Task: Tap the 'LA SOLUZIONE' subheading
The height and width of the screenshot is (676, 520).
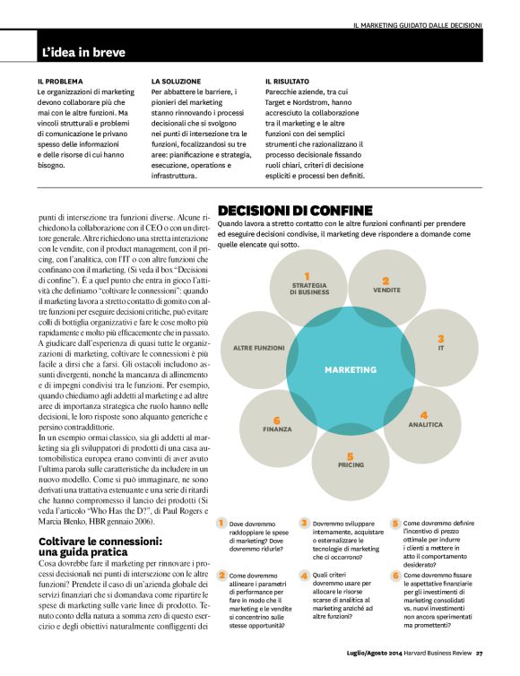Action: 175,81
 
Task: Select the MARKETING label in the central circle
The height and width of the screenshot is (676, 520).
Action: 351,369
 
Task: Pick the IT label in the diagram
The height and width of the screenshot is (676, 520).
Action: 441,347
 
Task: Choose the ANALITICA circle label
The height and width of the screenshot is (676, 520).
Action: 425,424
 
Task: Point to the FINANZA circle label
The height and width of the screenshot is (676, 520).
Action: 277,429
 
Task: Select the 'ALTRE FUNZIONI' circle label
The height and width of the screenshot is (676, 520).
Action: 258,347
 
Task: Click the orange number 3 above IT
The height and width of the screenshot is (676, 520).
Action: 441,338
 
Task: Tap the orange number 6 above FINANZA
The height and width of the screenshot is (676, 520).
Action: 277,420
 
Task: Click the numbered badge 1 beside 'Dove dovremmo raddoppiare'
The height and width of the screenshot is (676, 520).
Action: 221,523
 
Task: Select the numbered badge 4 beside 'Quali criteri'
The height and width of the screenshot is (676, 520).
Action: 305,575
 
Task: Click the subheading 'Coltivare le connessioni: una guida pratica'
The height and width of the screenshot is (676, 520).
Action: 101,547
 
